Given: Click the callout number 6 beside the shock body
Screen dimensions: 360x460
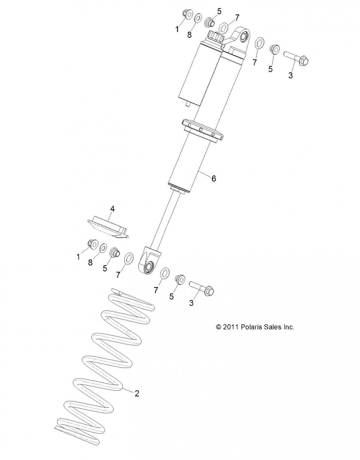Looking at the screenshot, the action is (214, 179).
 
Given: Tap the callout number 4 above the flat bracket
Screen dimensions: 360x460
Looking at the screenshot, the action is (112, 209).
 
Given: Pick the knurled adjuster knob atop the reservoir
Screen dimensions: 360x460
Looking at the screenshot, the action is (215, 37).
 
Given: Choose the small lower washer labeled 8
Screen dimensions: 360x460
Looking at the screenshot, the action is (103, 248).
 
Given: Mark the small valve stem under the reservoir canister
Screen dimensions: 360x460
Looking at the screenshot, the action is (189, 104).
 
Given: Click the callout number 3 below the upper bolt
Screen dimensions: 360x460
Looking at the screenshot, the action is (291, 75).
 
